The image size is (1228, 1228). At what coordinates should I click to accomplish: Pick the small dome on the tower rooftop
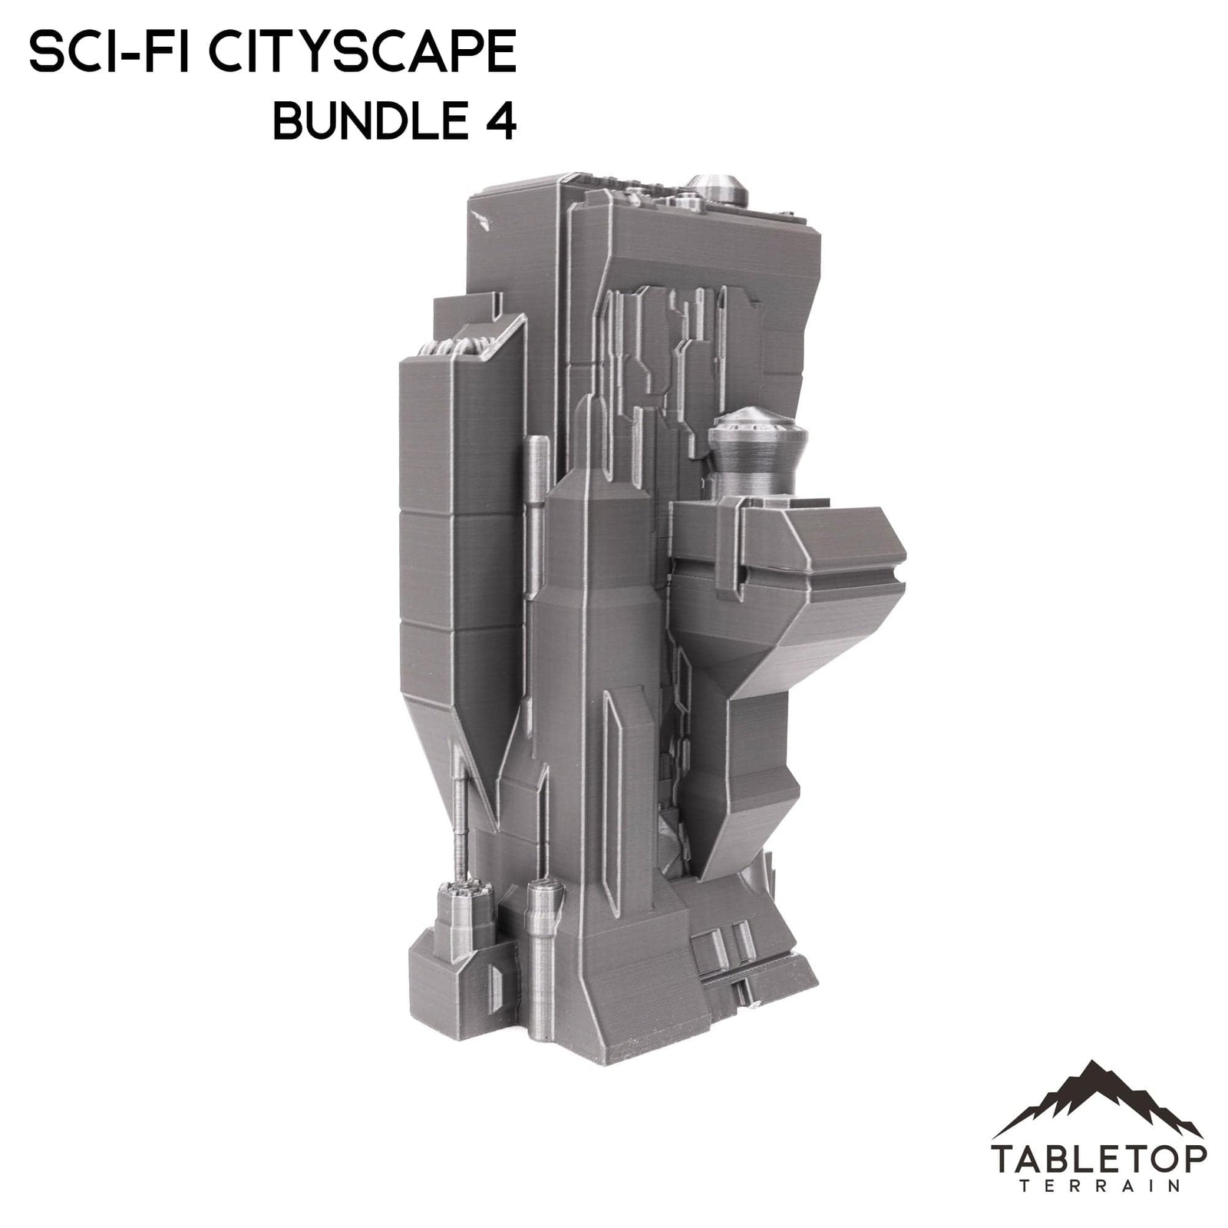click(x=711, y=189)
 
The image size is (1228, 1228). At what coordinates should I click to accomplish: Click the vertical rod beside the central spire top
click(x=537, y=476)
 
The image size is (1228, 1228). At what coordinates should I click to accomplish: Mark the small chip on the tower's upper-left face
click(x=484, y=220)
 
